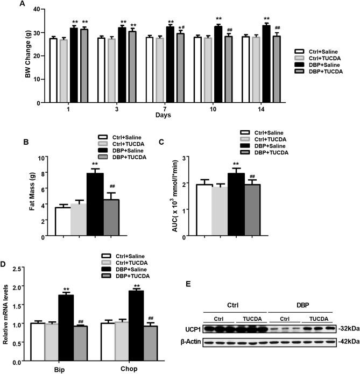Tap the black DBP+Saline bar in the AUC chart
click(236, 205)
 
